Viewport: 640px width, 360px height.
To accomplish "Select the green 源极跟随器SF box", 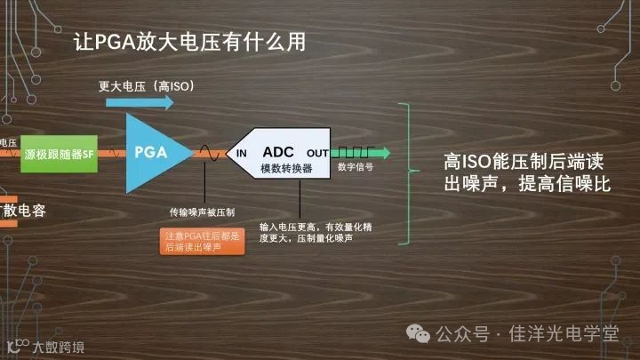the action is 59,153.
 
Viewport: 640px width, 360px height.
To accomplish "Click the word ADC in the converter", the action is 278,151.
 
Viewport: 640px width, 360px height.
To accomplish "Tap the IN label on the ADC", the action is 242,154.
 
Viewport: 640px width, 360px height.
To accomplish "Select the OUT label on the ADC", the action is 317,154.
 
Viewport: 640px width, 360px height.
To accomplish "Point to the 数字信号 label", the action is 356,166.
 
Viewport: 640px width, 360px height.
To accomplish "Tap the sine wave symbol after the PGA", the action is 210,153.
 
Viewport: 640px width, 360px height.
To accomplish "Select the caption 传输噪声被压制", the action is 202,212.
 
